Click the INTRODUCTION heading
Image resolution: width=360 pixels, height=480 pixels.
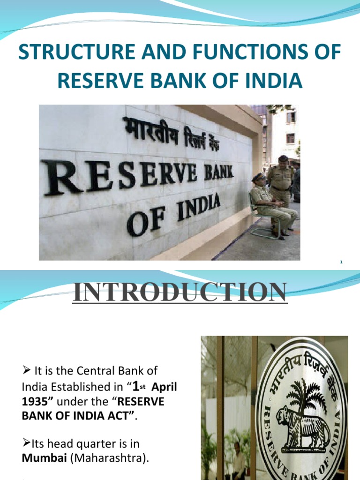pyautogui.click(x=180, y=292)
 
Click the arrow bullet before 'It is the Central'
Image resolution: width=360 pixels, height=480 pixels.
pyautogui.click(x=27, y=372)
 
